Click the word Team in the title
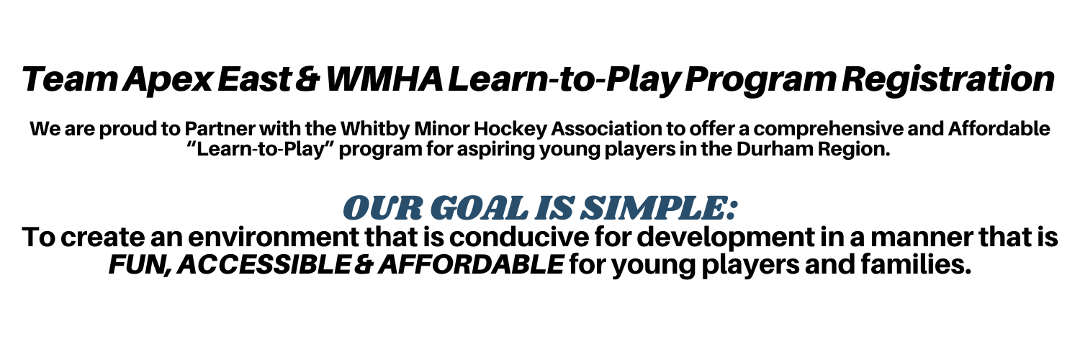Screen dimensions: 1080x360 pos(69,79)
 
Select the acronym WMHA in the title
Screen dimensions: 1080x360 pos(384,79)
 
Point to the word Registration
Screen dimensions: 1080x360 pos(948,81)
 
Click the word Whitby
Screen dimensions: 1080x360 pos(374,129)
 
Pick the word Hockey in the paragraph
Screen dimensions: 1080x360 pos(510,129)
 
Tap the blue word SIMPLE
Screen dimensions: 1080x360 pos(658,209)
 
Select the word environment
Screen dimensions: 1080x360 pos(274,237)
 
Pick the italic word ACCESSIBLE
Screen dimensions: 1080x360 pos(263,264)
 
